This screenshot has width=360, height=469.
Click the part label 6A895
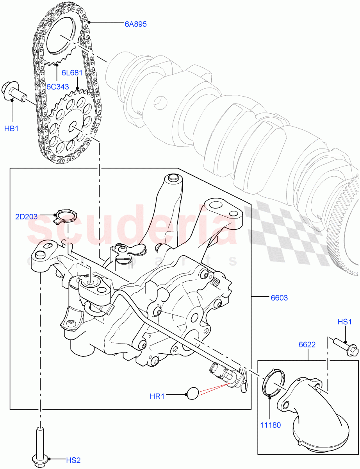[x=135, y=24]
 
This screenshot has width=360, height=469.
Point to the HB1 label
[x=11, y=128]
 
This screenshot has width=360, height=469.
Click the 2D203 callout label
[x=26, y=217]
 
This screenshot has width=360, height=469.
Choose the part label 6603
[x=279, y=298]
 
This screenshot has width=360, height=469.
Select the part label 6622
[x=307, y=345]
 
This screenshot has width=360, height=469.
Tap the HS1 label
[x=345, y=322]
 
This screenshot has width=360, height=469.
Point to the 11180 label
[x=269, y=425]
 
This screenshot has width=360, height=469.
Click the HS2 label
[x=72, y=460]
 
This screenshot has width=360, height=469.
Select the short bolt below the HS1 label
[x=346, y=347]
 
